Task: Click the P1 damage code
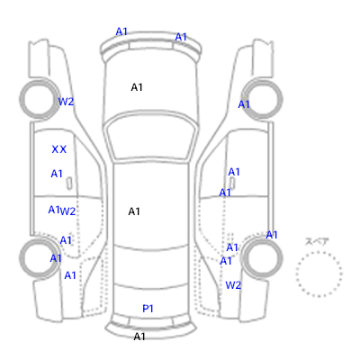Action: pyautogui.click(x=148, y=309)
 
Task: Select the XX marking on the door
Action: pyautogui.click(x=59, y=149)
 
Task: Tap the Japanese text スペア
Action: pyautogui.click(x=317, y=241)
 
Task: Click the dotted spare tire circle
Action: pyautogui.click(x=319, y=252)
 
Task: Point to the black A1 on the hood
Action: pyautogui.click(x=137, y=87)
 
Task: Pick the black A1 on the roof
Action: pyautogui.click(x=134, y=211)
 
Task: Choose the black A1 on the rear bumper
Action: pyautogui.click(x=139, y=337)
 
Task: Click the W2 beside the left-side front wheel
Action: pyautogui.click(x=66, y=102)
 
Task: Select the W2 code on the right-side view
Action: pyautogui.click(x=233, y=285)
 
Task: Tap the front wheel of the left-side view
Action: pyautogui.click(x=22, y=99)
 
